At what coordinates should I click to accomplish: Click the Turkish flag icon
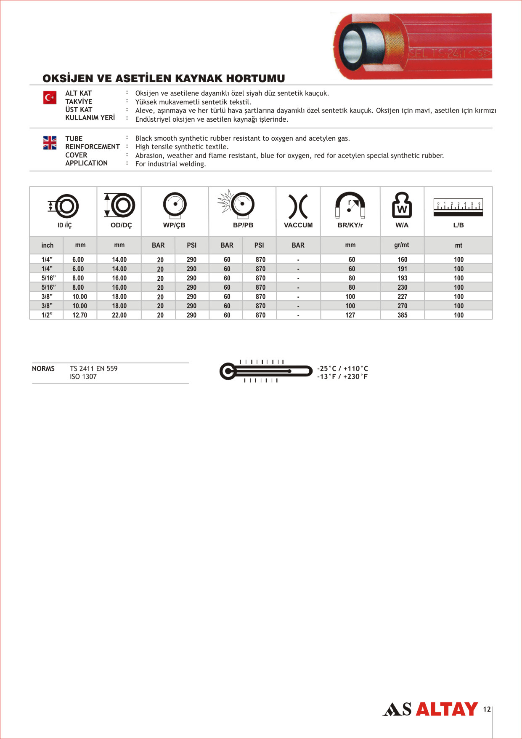click(50, 98)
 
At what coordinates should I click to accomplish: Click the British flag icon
click(50, 143)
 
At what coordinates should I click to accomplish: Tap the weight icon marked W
click(402, 205)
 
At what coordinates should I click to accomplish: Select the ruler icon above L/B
click(458, 207)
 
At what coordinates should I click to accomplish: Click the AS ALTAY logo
click(430, 709)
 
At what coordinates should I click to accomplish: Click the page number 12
click(487, 709)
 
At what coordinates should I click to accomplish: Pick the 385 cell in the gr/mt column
click(402, 315)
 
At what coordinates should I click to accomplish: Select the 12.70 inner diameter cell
click(79, 315)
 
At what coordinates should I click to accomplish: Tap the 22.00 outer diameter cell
click(119, 315)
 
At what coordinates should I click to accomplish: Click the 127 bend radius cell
click(350, 315)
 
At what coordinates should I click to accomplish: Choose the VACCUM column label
click(298, 225)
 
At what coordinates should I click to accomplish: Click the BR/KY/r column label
click(350, 225)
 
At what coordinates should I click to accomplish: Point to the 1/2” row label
click(47, 315)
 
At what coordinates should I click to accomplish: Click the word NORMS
click(43, 368)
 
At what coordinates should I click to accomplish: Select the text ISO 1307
click(83, 377)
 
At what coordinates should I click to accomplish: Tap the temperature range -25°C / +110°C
click(342, 368)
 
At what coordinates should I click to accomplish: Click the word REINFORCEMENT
click(93, 147)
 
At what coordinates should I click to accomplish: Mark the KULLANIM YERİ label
click(90, 118)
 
